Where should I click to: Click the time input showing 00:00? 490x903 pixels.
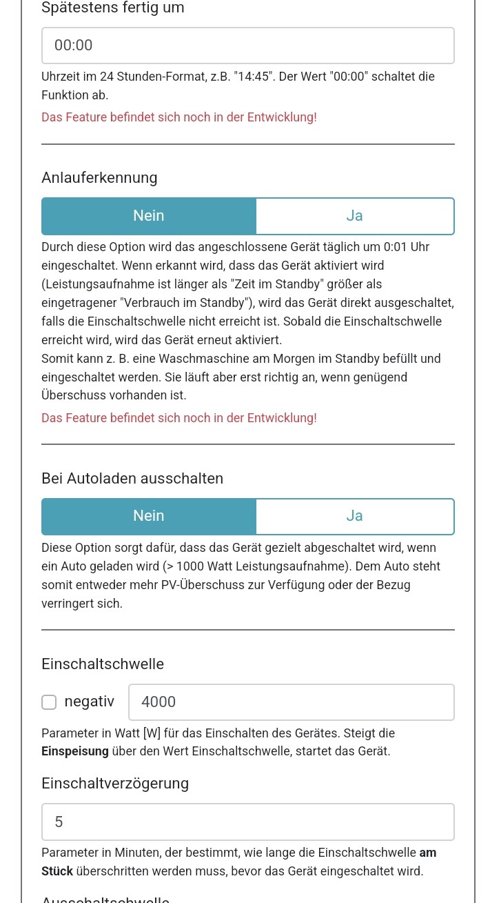(247, 46)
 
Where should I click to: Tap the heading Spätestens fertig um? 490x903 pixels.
(113, 8)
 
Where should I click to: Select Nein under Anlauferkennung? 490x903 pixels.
(149, 216)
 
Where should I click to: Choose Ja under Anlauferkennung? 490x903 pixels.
(354, 216)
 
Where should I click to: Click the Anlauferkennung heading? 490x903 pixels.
(99, 178)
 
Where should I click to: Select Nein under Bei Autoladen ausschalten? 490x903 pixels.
(149, 516)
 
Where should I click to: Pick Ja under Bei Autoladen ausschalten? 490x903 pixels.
(354, 516)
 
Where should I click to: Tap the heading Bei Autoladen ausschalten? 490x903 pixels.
(132, 479)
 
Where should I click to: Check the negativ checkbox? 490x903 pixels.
(49, 702)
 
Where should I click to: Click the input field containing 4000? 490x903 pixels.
(291, 702)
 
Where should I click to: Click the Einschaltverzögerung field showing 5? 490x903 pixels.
(247, 822)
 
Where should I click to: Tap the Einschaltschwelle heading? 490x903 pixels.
(103, 664)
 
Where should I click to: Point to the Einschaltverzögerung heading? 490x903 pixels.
(115, 784)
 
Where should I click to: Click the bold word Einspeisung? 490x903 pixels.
(75, 751)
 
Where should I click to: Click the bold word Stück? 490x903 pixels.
(57, 871)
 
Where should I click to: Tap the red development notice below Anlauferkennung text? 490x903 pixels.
(179, 418)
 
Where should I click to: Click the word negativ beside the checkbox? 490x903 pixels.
(90, 702)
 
